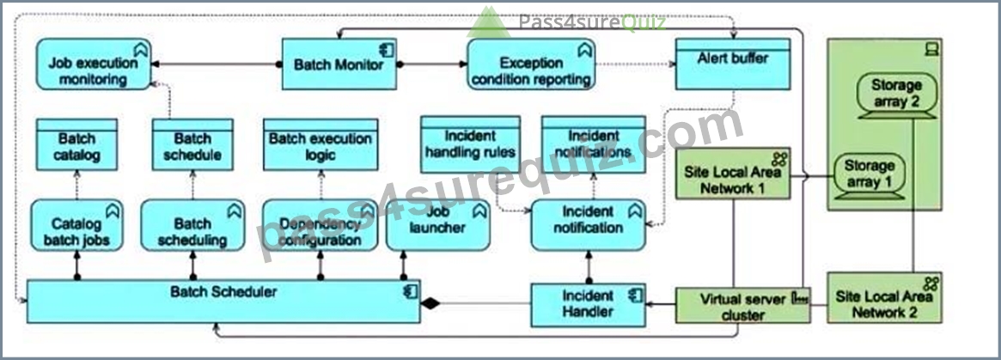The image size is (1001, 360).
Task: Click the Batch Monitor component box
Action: (339, 64)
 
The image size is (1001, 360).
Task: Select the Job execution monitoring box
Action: (93, 64)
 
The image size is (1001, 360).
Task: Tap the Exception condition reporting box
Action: (531, 64)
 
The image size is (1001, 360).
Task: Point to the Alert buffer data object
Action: (733, 64)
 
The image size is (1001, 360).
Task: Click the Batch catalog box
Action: (76, 144)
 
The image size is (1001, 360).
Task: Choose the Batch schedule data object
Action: (192, 144)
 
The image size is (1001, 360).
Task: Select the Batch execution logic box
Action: (320, 144)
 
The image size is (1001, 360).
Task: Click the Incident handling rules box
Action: (471, 144)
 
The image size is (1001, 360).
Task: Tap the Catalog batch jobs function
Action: (76, 225)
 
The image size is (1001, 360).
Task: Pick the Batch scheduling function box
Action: (192, 225)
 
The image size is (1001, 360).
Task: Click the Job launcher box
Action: (438, 225)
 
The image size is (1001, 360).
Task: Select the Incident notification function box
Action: (589, 225)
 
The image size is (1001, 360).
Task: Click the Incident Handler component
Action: (589, 305)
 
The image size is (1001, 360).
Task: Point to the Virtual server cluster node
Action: (743, 305)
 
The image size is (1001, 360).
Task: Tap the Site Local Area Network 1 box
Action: (733, 173)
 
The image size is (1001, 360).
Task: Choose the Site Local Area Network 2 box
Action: (884, 297)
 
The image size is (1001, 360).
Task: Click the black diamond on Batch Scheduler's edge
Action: (430, 303)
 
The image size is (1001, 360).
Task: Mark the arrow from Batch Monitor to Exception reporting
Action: (431, 64)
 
